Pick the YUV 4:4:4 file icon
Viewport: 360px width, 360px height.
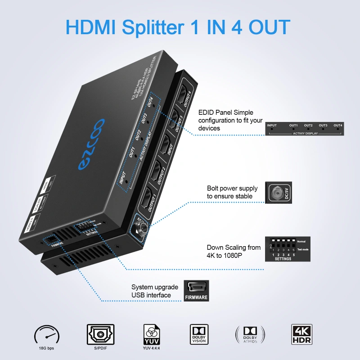(x=151, y=334)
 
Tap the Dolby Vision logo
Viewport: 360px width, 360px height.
(x=198, y=334)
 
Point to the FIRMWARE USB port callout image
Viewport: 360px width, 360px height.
(x=196, y=291)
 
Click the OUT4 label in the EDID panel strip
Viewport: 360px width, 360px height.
(x=338, y=125)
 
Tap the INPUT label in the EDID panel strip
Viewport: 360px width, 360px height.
(x=271, y=125)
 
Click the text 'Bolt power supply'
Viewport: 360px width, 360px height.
(x=232, y=188)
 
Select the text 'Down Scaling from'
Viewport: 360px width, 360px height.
(x=234, y=247)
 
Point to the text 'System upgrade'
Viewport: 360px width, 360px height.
(x=155, y=287)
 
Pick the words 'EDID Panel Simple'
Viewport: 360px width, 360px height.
(x=226, y=112)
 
